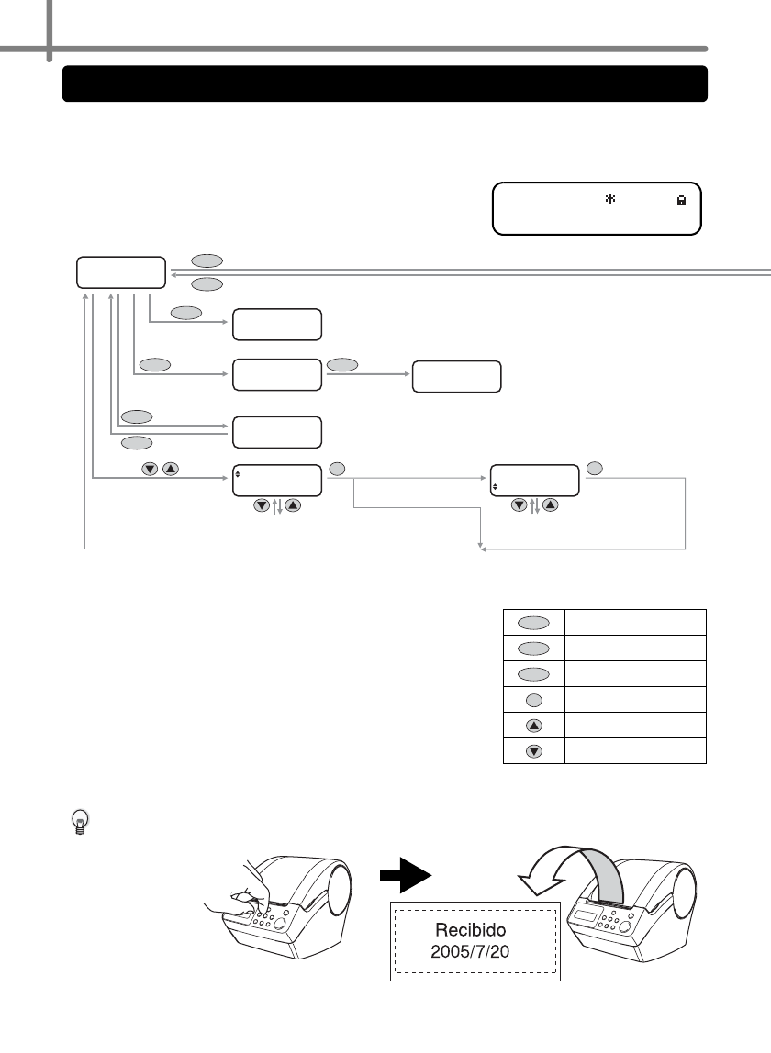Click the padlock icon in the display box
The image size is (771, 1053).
point(681,198)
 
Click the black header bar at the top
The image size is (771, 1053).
point(385,83)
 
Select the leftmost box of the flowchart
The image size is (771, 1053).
point(121,273)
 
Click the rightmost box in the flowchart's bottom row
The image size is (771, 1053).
point(536,480)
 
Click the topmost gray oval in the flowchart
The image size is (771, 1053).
point(207,261)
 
